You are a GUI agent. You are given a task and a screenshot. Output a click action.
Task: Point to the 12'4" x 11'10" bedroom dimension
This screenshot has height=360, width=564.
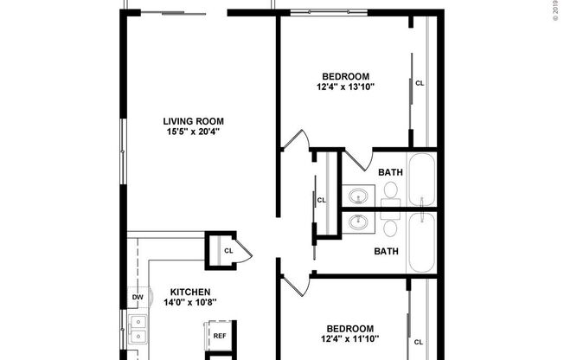(349, 339)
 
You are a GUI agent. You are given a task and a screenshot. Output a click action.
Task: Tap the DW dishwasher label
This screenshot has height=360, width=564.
(137, 298)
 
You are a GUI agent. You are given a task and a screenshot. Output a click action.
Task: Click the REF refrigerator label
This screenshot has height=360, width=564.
(220, 336)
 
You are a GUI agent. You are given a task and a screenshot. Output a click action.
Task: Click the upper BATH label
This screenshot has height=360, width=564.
(390, 172)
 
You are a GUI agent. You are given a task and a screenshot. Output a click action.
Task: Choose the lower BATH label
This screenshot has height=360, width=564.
(385, 252)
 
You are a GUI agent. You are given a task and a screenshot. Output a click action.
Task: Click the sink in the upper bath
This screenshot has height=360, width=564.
(358, 194)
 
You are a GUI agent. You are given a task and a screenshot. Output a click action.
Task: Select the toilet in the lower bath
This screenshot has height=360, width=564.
(390, 228)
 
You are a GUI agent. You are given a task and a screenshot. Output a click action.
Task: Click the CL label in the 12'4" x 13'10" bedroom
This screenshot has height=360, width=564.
(420, 84)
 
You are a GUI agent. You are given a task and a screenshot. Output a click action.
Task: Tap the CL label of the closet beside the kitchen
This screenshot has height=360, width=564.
(228, 251)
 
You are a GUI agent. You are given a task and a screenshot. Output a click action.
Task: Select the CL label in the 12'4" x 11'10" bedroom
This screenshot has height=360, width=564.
(420, 341)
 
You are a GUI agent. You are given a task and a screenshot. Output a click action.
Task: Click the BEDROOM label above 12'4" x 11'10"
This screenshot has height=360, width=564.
(349, 328)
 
